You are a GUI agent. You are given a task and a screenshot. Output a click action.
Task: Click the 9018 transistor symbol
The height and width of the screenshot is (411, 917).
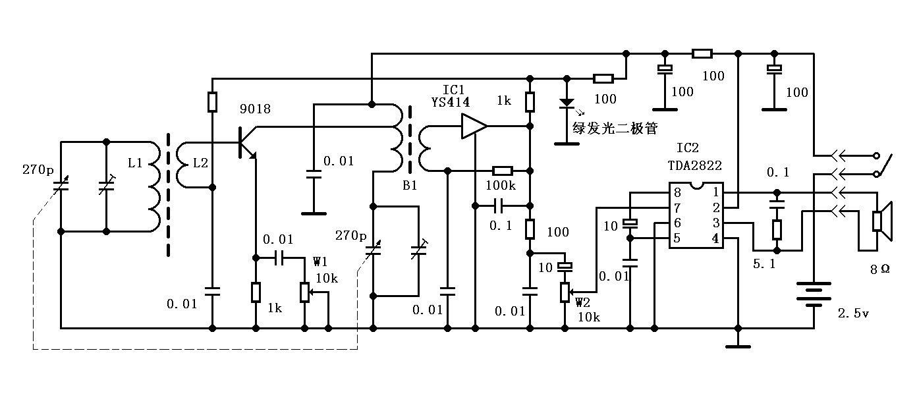(x=245, y=142)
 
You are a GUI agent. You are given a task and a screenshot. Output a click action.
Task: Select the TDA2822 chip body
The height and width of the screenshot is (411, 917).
(x=696, y=215)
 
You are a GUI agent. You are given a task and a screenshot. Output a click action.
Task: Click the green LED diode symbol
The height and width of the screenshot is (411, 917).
(x=565, y=103)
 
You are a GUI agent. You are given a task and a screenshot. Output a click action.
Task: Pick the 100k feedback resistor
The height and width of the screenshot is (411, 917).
(x=503, y=170)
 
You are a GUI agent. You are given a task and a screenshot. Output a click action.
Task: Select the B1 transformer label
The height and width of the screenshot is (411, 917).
(x=410, y=186)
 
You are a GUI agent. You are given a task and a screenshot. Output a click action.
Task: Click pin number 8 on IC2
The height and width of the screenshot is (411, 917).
(x=677, y=193)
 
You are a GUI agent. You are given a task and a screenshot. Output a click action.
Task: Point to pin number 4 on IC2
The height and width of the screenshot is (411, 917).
(x=715, y=238)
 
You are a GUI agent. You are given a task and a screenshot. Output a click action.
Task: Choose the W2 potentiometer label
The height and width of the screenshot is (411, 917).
(x=583, y=302)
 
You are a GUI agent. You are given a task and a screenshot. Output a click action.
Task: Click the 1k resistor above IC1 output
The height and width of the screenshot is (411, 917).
(x=530, y=101)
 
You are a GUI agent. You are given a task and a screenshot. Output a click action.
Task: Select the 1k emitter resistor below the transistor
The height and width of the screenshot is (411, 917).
(x=256, y=292)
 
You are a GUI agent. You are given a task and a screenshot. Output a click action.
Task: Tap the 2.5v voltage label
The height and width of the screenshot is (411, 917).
(x=853, y=313)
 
